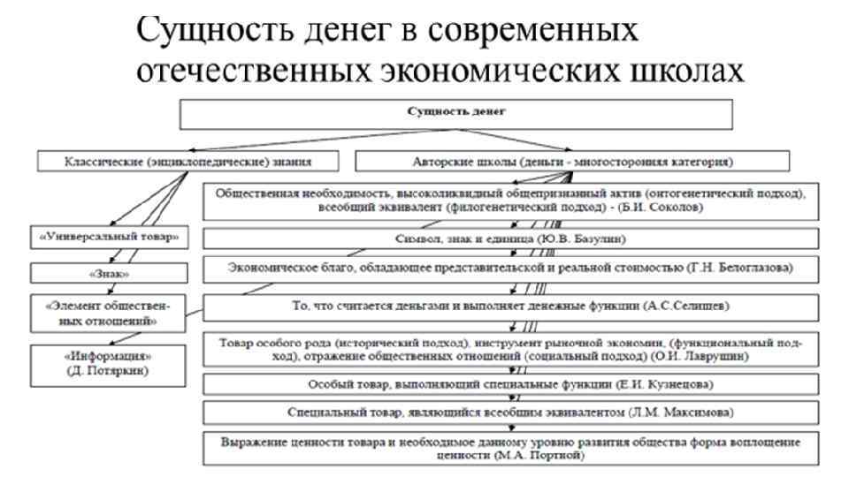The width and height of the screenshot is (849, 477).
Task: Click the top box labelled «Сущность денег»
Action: coord(455,112)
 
